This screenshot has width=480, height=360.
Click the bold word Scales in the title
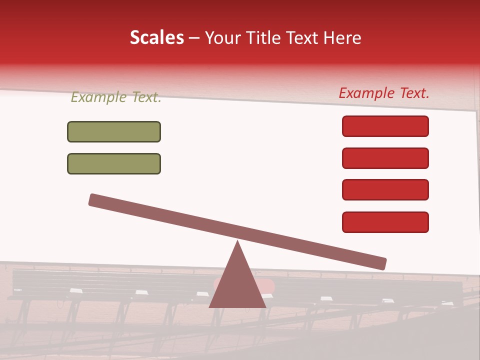157,38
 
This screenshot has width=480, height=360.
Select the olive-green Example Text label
116,97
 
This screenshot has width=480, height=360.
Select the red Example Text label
384,93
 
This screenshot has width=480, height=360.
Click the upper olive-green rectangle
114,131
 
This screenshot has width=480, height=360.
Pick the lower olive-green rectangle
114,163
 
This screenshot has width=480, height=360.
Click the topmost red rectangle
385,126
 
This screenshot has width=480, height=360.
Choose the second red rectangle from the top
385,158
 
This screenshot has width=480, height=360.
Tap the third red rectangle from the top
385,189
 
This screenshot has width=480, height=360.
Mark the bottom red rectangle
385,222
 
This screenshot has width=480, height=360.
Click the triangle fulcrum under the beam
237,285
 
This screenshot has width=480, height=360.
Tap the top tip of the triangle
237,242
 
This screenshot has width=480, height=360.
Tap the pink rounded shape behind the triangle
270,286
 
